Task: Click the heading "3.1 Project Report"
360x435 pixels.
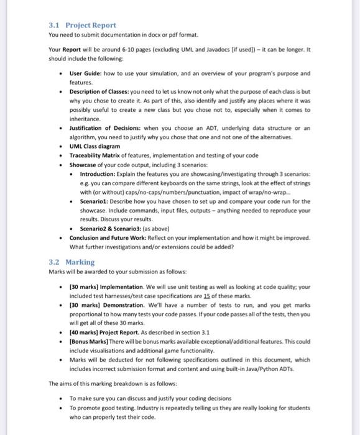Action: (82, 25)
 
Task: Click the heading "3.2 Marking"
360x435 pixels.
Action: (71, 262)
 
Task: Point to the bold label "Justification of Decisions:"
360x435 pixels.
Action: (108, 127)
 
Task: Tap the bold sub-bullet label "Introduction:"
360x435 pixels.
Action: (99, 175)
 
